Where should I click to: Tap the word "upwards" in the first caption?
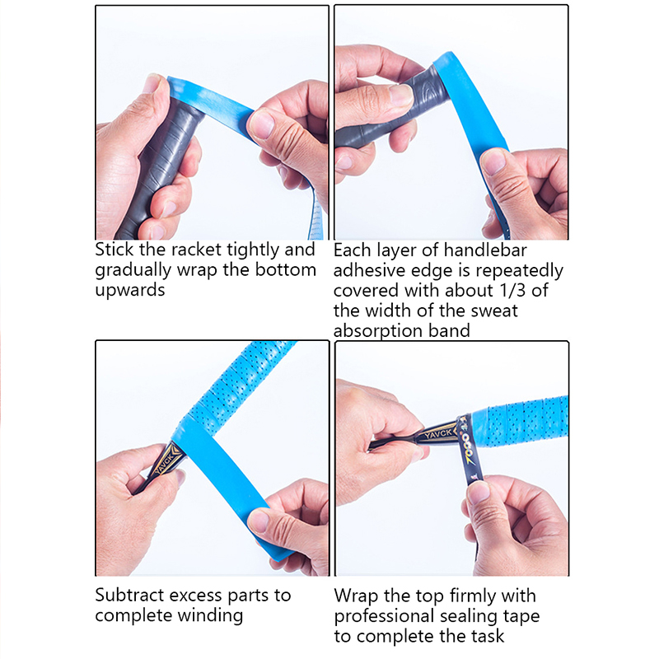tap(130, 291)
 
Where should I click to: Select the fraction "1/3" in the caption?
tap(512, 291)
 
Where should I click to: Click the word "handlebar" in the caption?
tap(485, 250)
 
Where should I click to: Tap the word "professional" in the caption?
tap(383, 616)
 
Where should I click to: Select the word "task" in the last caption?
tap(488, 636)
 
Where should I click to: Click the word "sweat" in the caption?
tap(494, 311)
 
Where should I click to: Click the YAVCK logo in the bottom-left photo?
tap(167, 463)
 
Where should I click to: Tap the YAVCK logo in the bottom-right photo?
tap(437, 433)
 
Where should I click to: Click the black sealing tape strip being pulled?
tap(469, 454)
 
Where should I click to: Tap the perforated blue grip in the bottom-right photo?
tap(520, 422)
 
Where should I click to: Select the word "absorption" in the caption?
tap(378, 331)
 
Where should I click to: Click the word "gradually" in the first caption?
tap(133, 270)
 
